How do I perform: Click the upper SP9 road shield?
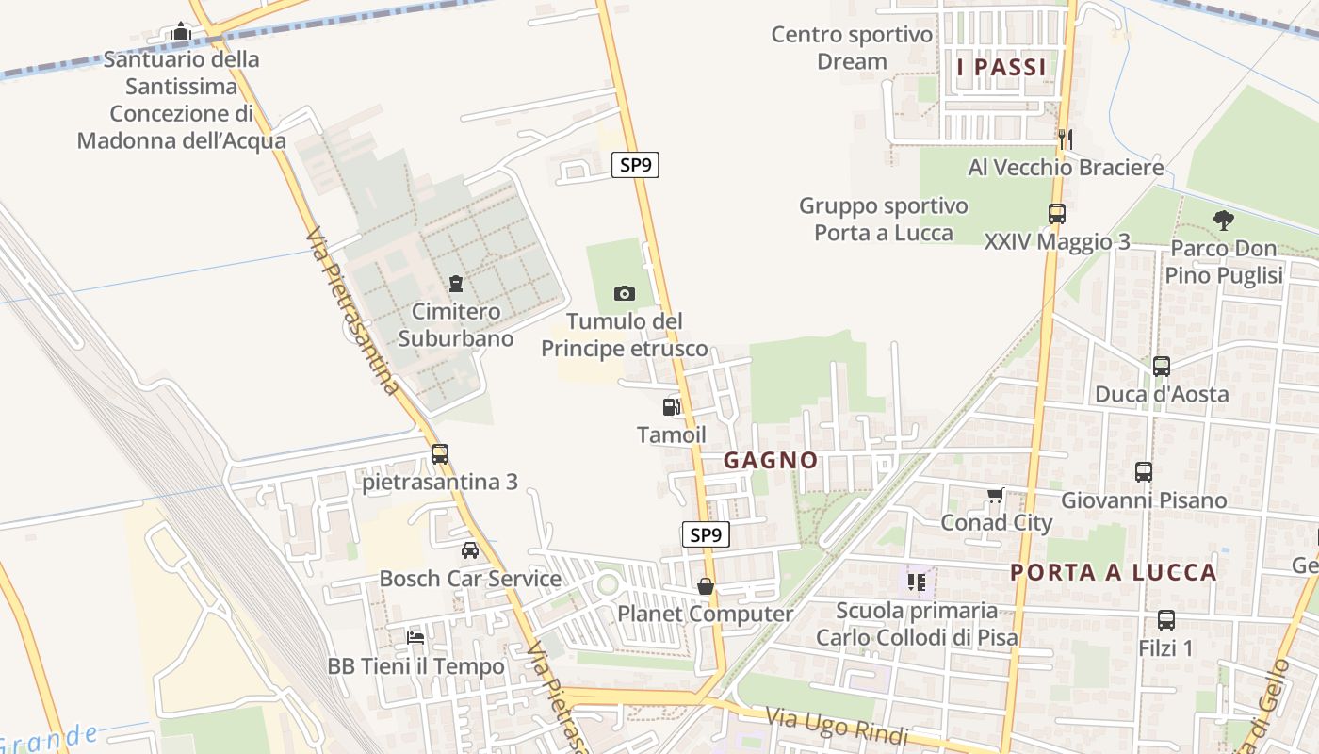pos(635,165)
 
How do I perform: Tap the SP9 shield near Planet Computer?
pos(705,535)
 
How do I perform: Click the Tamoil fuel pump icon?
pos(672,407)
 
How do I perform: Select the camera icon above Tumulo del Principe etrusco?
pos(624,294)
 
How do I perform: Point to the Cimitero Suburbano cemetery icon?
pos(456,284)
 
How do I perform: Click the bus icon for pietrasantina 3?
pos(440,454)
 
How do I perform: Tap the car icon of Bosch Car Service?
pos(470,550)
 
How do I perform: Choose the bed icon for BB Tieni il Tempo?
pos(415,638)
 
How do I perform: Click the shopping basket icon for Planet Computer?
pos(706,586)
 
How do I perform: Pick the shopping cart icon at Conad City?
pos(996,495)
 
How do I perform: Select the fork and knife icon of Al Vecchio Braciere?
pos(1066,139)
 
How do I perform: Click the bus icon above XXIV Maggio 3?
pos(1056,214)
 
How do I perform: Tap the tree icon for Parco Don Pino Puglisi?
pos(1224,221)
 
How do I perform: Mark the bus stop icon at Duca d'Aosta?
pos(1162,366)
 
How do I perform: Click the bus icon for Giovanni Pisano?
pos(1144,472)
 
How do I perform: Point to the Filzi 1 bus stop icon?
pos(1166,620)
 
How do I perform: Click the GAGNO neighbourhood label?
pos(771,461)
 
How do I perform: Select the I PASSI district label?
pos(1001,67)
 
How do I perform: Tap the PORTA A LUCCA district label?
pos(1114,572)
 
